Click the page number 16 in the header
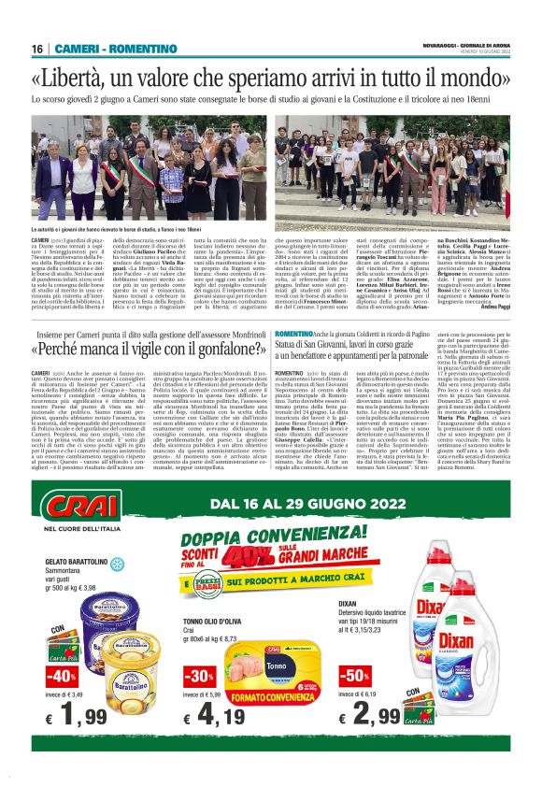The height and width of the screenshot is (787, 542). pos(37,49)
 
